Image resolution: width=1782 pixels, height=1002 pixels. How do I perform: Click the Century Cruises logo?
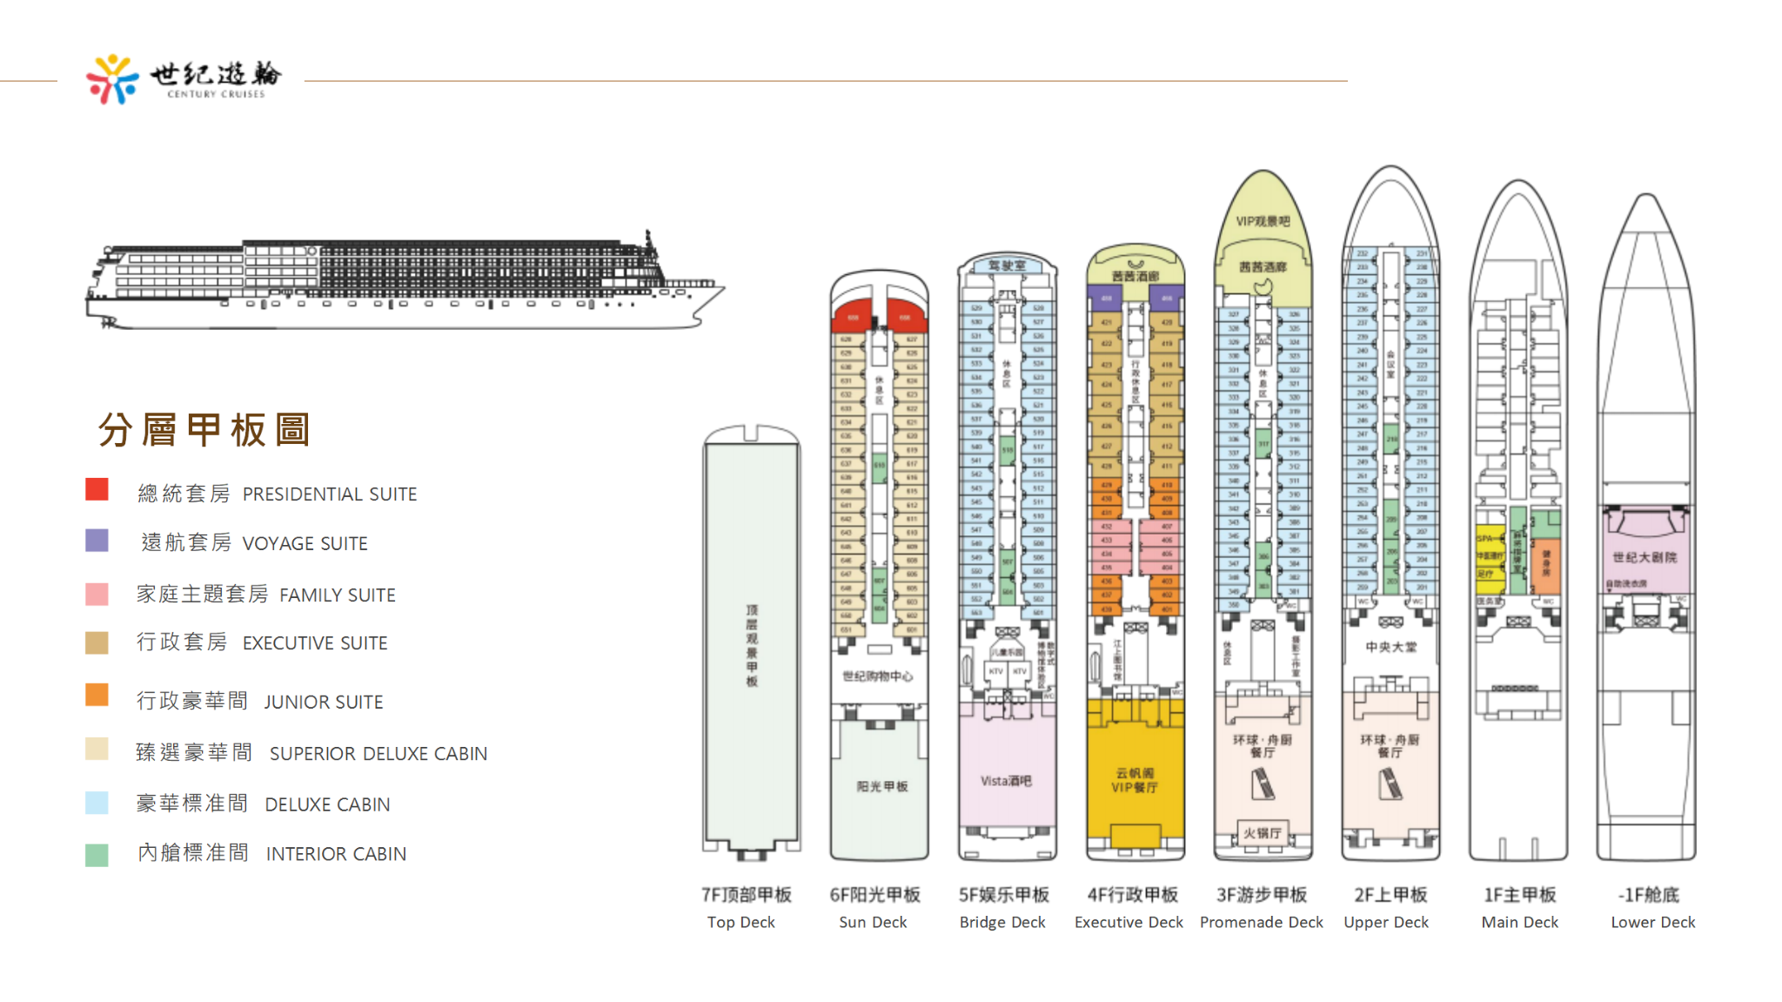click(x=184, y=79)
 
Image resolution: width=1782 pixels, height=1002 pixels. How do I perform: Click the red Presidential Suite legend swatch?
click(x=97, y=489)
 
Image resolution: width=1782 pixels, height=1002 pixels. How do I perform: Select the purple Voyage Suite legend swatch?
click(x=97, y=541)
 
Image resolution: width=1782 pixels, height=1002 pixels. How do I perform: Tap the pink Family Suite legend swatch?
click(x=97, y=594)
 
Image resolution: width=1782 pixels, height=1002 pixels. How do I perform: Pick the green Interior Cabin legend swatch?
click(x=97, y=855)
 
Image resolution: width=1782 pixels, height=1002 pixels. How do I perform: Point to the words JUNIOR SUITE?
click(x=323, y=702)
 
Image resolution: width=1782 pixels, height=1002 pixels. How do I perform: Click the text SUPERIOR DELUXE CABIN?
click(x=378, y=754)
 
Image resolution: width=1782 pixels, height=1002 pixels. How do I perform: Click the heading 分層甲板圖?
click(x=204, y=430)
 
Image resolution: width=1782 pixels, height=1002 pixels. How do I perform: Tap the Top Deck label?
click(x=740, y=922)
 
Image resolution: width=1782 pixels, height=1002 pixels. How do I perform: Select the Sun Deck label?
click(x=873, y=922)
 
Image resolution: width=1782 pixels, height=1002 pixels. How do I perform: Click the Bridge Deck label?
click(x=1002, y=922)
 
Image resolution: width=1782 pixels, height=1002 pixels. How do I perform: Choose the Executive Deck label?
click(x=1129, y=922)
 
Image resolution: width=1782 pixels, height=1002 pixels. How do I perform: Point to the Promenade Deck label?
click(x=1261, y=922)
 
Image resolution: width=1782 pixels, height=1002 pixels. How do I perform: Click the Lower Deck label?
click(x=1652, y=922)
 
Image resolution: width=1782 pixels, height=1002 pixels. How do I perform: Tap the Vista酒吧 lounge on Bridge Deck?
click(x=1007, y=781)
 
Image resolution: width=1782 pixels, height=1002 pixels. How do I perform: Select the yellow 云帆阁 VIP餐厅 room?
click(x=1135, y=780)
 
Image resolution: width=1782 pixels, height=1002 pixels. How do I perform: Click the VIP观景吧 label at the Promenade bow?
click(x=1263, y=221)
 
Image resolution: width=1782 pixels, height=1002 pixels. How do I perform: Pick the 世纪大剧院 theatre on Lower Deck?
click(x=1645, y=557)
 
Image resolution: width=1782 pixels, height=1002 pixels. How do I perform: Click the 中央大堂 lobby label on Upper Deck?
click(x=1390, y=647)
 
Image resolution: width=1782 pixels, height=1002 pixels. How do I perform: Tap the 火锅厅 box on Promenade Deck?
click(x=1262, y=833)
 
